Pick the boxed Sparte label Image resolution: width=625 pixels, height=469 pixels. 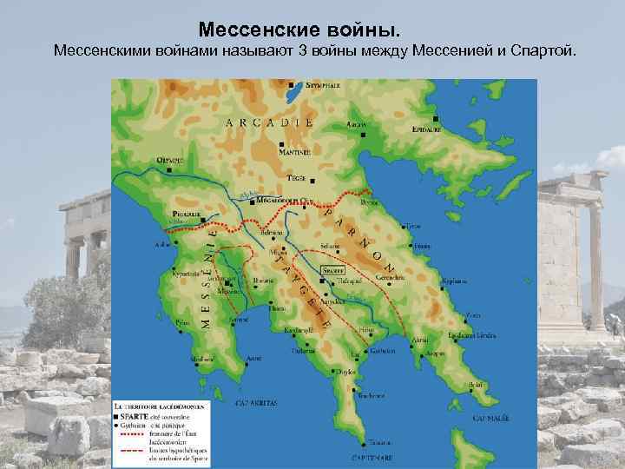(x=333, y=271)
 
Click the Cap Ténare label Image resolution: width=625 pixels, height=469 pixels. (x=371, y=456)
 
